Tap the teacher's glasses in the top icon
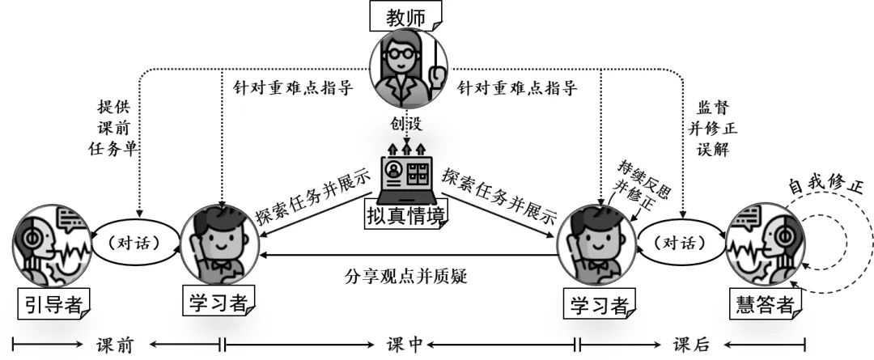point(402,55)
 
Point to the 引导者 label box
point(53,304)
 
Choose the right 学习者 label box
point(599,304)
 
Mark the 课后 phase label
point(692,345)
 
